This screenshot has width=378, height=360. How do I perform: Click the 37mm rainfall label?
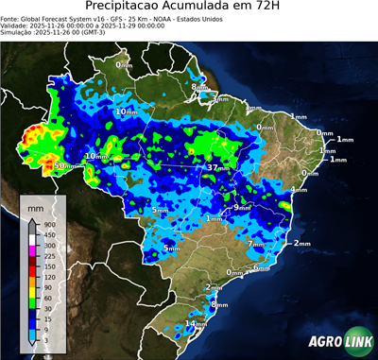coord(219,167)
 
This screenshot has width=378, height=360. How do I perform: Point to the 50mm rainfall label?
coord(63,166)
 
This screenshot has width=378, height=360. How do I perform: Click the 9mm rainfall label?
coord(243,207)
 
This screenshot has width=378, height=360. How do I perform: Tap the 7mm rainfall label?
coord(256,244)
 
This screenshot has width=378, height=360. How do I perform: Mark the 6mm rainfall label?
coord(261,268)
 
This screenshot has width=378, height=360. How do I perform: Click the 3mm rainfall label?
coord(220,97)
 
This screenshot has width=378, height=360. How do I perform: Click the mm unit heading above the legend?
coord(36,205)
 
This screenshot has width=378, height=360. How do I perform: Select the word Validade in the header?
coord(16,27)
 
